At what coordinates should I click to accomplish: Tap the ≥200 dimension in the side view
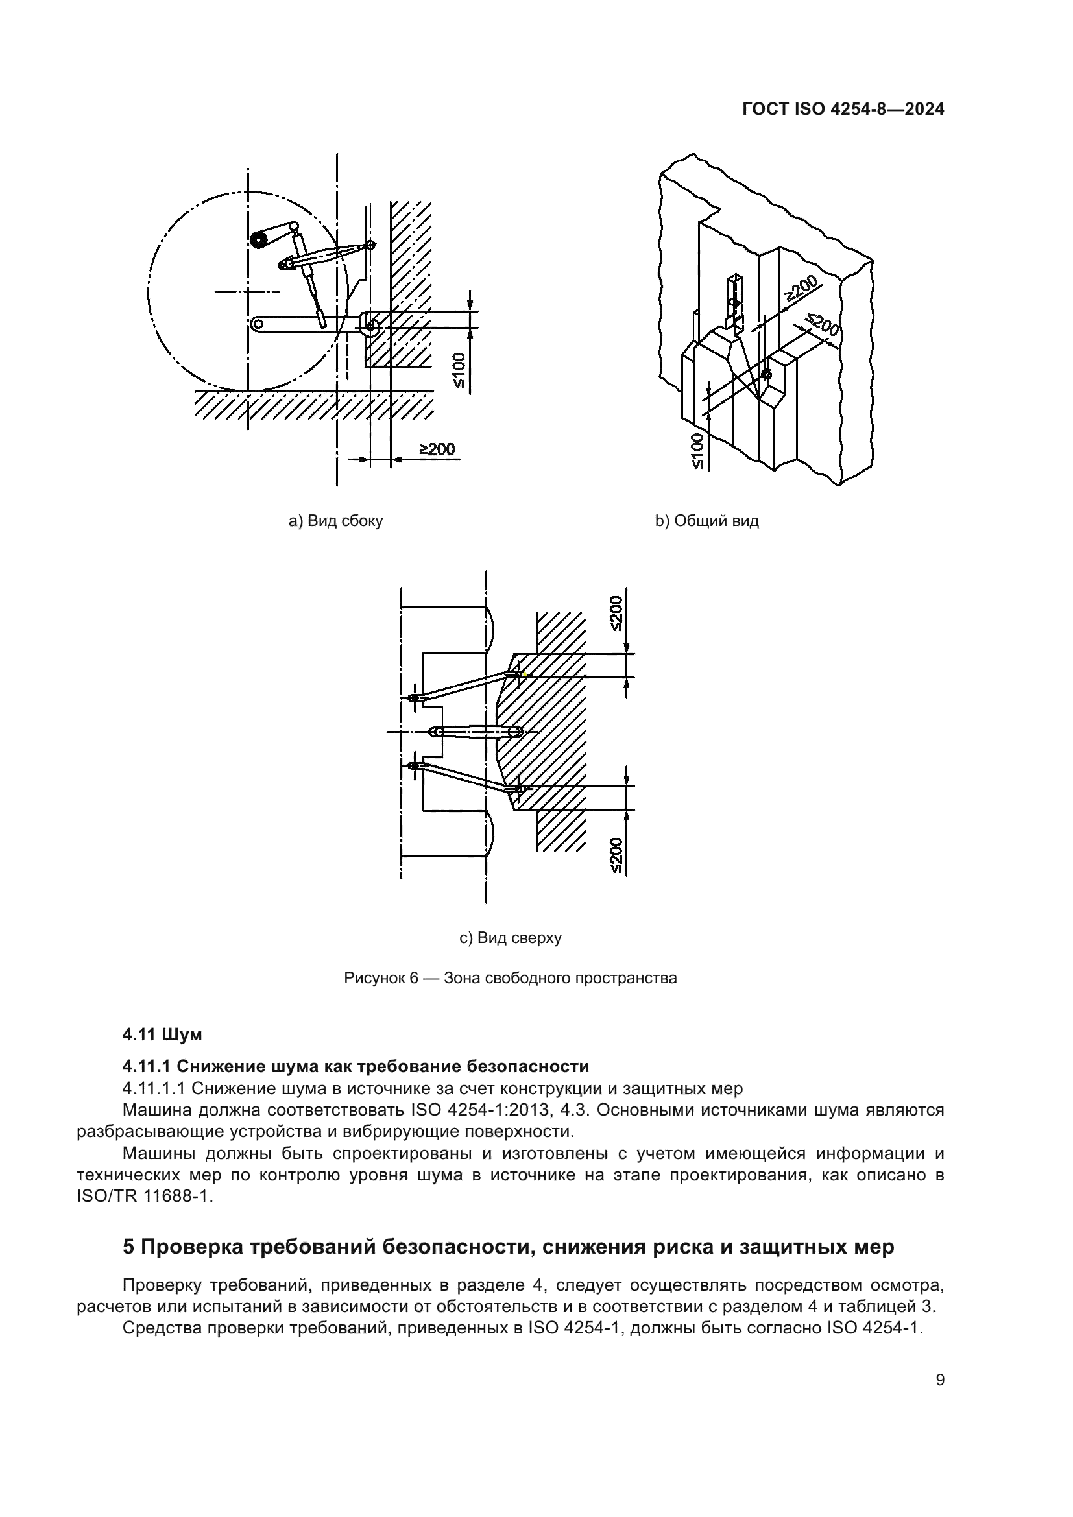tap(437, 449)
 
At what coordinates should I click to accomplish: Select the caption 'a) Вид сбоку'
tap(335, 521)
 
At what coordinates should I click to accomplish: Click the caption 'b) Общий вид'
tap(707, 521)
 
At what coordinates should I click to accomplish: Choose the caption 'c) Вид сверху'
tap(510, 938)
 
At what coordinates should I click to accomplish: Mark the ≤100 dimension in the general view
tap(699, 451)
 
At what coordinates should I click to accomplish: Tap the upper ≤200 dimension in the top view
tap(616, 613)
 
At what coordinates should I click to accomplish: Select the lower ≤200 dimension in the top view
tap(616, 855)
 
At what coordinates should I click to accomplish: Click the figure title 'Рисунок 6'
tap(381, 978)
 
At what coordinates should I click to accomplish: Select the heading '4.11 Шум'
tap(162, 1035)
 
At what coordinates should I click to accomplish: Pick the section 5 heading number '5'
tap(129, 1247)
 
